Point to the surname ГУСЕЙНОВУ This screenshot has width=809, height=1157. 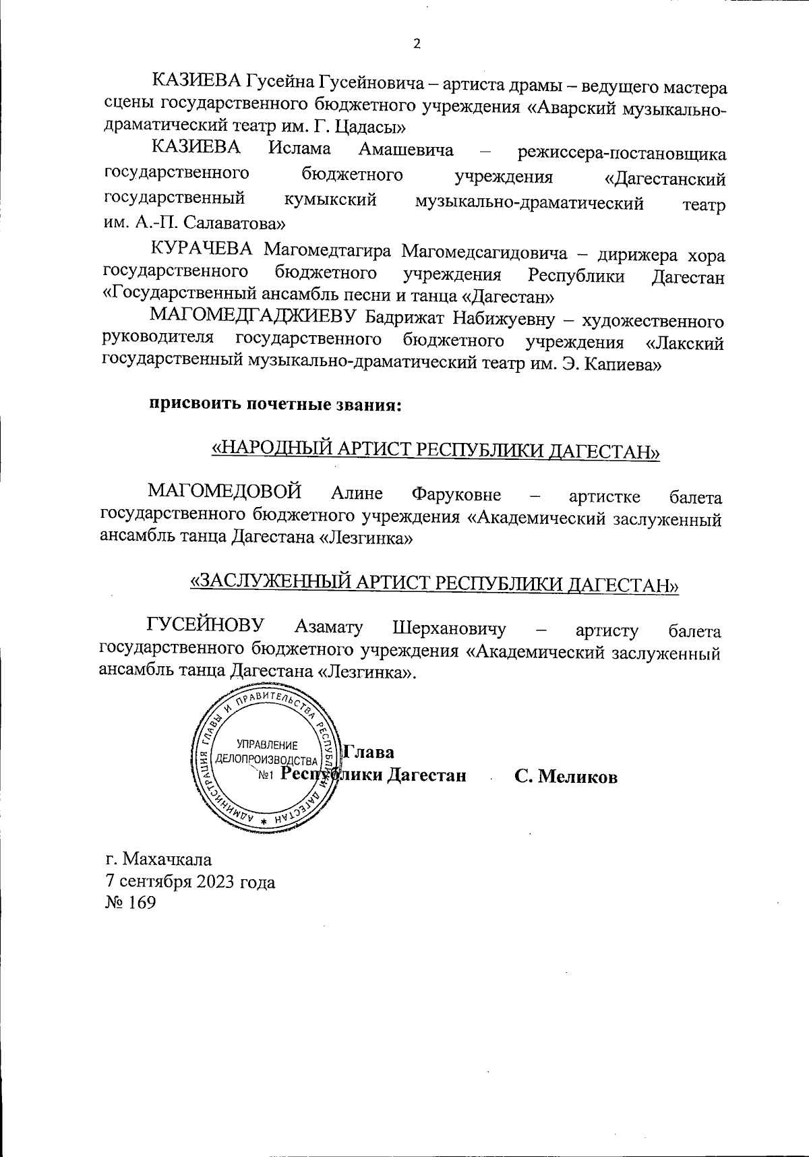pyautogui.click(x=206, y=625)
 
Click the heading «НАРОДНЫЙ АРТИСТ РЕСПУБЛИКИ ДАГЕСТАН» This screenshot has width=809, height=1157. pyautogui.click(x=436, y=450)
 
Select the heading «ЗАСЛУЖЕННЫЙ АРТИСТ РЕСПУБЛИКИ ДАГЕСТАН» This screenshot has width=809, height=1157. pyautogui.click(x=436, y=583)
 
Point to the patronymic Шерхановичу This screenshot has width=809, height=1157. pyautogui.click(x=449, y=628)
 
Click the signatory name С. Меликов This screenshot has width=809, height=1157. pyautogui.click(x=566, y=777)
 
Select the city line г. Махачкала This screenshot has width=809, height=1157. pyautogui.click(x=159, y=860)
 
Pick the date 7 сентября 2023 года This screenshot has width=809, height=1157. pyautogui.click(x=190, y=881)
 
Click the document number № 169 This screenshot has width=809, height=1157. pyautogui.click(x=131, y=903)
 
